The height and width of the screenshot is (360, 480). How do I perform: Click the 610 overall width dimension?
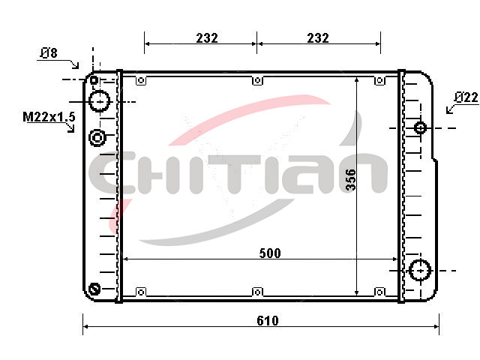268,320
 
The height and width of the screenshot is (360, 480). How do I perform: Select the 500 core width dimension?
270,253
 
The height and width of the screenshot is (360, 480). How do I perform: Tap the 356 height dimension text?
351,180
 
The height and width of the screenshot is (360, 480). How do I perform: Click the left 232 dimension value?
207,38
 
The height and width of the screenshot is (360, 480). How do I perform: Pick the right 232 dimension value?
318,38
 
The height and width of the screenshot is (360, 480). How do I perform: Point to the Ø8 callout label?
49,53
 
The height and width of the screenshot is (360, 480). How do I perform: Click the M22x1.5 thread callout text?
49,117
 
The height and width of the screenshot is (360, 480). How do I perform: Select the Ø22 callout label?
466,97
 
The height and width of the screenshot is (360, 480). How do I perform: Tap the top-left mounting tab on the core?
141,80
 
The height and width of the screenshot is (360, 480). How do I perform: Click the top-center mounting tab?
258,80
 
